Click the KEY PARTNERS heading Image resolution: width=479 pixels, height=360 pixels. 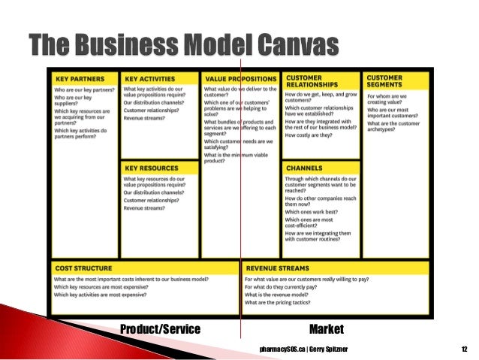pos(78,78)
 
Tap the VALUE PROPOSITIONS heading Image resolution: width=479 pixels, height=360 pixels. pos(239,78)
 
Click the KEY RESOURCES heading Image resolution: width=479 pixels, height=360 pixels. pos(151,168)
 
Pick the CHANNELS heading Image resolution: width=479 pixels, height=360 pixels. pos(303,168)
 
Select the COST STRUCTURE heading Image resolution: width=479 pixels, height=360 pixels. pos(83,268)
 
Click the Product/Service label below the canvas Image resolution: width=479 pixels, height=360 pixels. pos(161,329)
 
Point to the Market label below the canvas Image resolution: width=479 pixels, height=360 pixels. pos(326,329)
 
